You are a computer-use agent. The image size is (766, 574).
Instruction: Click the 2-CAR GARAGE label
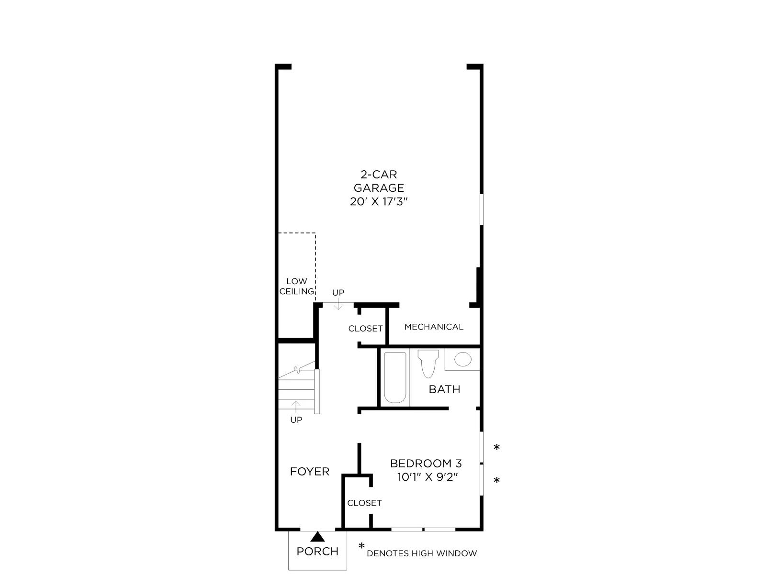click(379, 181)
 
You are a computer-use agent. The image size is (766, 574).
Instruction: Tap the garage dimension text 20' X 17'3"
click(379, 201)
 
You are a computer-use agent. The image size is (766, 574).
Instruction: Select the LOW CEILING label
click(297, 286)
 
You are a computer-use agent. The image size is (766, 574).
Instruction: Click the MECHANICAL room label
click(434, 327)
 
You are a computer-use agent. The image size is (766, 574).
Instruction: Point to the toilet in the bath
click(428, 364)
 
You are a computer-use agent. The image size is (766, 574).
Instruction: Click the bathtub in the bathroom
click(395, 377)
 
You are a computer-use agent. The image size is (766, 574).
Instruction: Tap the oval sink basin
click(463, 359)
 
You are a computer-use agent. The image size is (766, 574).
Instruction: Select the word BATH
click(444, 389)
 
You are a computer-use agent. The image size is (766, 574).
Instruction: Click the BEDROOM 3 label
click(426, 464)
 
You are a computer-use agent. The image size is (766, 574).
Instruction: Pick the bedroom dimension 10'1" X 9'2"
click(427, 477)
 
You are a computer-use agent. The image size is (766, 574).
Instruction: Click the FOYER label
click(310, 472)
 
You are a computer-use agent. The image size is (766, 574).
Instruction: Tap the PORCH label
click(317, 552)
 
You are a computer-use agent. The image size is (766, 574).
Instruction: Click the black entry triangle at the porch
click(317, 537)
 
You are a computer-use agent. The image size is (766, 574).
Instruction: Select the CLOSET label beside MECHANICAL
click(365, 329)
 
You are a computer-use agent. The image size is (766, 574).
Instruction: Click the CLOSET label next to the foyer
click(364, 503)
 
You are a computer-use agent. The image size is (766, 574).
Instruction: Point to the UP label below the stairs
click(296, 420)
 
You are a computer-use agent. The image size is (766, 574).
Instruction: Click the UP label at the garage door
click(338, 293)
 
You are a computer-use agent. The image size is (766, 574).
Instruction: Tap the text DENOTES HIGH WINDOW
click(422, 553)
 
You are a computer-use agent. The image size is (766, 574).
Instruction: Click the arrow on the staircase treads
click(295, 407)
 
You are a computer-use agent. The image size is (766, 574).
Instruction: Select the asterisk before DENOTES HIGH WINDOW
click(361, 546)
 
